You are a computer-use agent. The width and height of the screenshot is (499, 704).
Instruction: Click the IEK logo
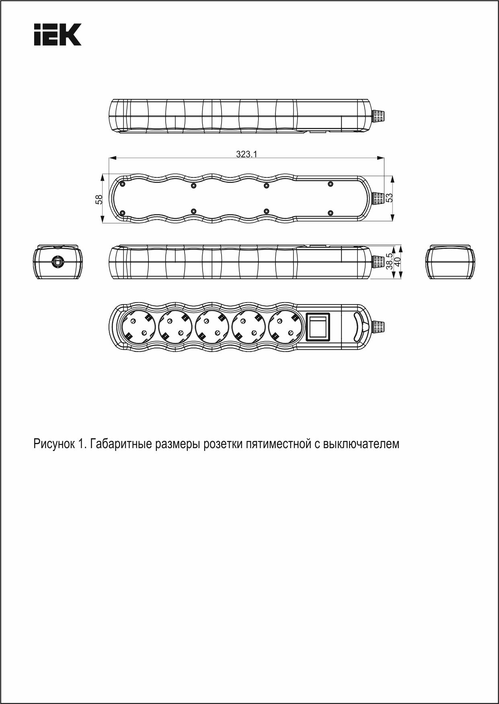click(x=57, y=34)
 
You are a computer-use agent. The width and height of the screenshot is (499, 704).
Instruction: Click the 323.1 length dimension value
click(x=246, y=154)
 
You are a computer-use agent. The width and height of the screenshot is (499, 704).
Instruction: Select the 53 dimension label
click(x=389, y=198)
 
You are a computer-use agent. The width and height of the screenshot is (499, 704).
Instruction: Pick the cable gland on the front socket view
click(x=380, y=327)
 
